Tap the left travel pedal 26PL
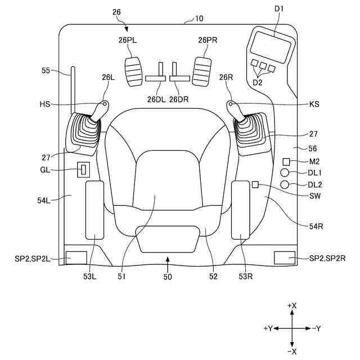click(x=134, y=71)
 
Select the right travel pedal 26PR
click(x=202, y=70)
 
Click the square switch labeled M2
click(x=286, y=162)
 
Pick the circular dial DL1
click(x=286, y=173)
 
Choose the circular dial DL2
click(x=286, y=184)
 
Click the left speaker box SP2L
click(x=76, y=258)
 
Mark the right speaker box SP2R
click(x=285, y=258)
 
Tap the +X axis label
click(x=292, y=305)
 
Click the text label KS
click(x=313, y=104)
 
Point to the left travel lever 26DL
click(x=155, y=76)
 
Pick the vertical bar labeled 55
click(x=72, y=90)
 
